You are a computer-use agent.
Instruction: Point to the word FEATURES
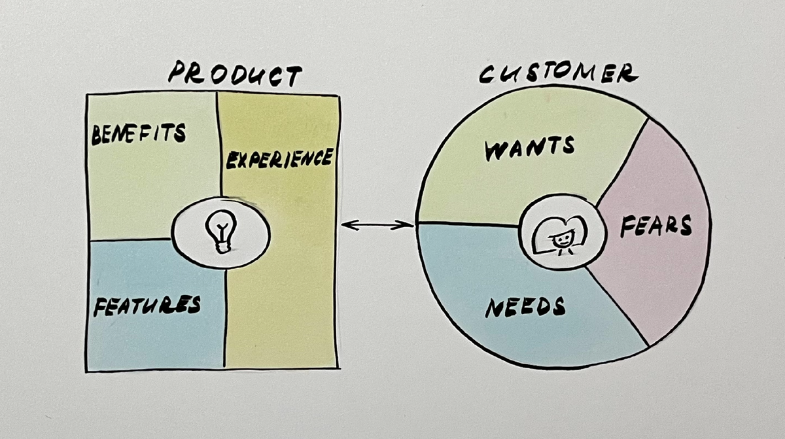[147, 306]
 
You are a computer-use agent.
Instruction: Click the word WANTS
[529, 148]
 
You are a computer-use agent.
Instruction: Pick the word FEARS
[656, 227]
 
